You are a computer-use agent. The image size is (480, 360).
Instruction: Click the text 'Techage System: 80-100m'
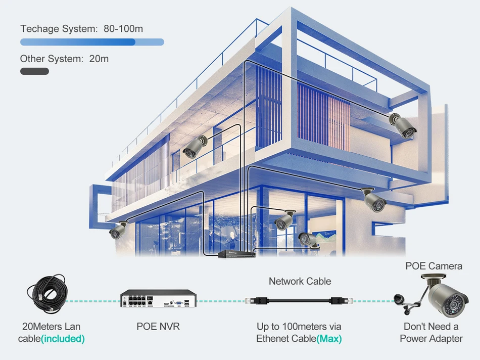81,29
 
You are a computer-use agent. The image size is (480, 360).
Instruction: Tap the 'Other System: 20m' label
64,59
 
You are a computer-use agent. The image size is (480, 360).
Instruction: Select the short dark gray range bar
34,71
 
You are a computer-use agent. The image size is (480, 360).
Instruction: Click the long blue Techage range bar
92,42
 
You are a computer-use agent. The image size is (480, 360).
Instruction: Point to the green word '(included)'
63,339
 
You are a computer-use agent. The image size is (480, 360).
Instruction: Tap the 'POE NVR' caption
158,327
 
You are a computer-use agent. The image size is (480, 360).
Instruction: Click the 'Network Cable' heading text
300,281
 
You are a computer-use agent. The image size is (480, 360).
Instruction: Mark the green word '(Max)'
329,339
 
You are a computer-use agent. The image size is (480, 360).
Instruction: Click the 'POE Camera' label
434,266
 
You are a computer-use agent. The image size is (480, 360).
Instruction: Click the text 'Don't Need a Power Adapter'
431,333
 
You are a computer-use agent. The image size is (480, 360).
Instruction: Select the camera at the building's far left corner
119,231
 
